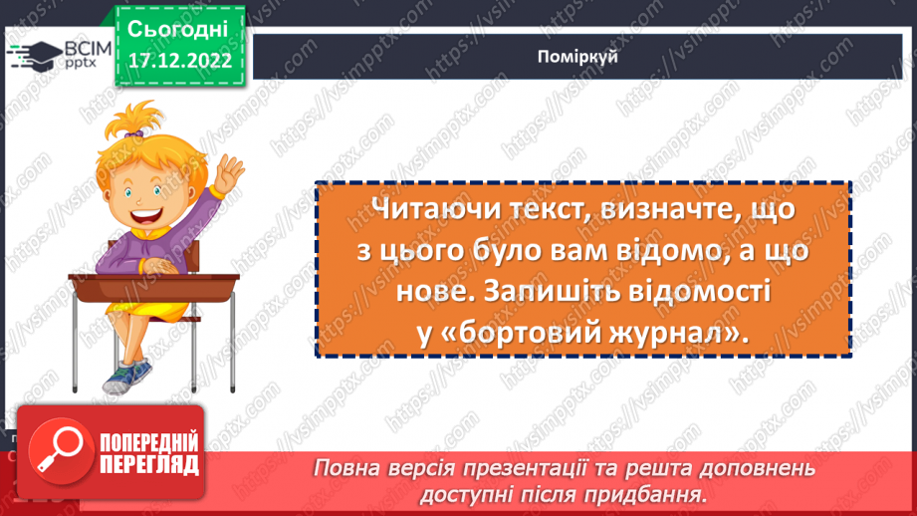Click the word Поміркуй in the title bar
click(576, 58)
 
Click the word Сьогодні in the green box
click(178, 27)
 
